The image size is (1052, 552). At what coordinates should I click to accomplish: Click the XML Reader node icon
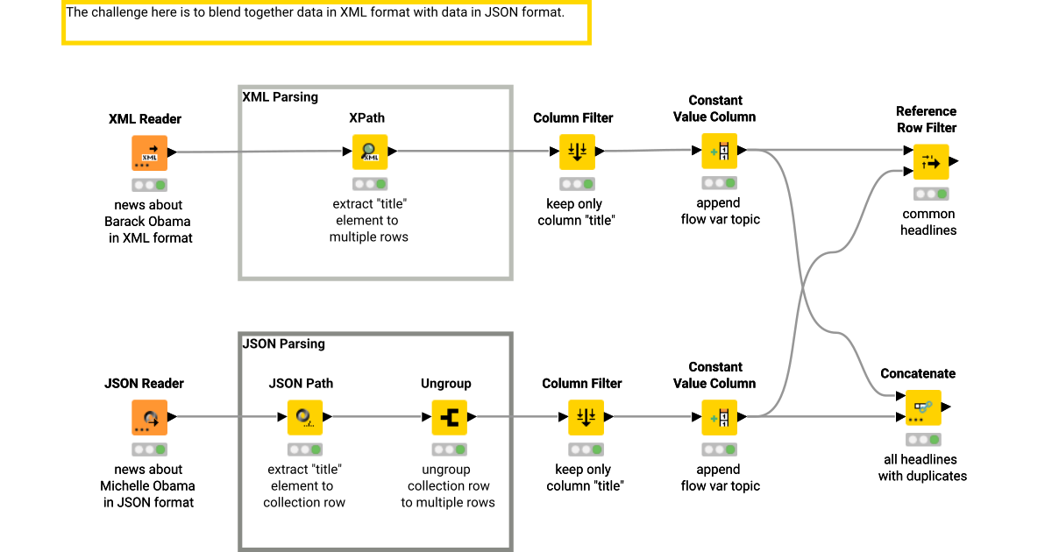149,152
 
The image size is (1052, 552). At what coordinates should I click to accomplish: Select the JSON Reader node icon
149,417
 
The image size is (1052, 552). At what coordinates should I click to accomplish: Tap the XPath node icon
369,152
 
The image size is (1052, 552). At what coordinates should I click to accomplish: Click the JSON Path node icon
304,417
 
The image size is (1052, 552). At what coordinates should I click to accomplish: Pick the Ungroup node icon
449,417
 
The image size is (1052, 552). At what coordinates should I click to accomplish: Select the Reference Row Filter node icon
930,161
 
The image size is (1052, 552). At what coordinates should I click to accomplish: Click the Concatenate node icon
922,407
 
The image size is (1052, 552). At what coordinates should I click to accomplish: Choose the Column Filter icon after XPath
577,152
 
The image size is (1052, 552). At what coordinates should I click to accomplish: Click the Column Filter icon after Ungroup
586,417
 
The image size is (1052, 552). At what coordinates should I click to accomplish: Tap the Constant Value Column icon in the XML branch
719,151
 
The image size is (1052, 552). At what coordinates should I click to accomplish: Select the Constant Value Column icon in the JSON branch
719,417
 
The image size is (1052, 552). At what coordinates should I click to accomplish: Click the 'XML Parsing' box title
280,97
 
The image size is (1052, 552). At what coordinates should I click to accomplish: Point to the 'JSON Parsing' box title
283,344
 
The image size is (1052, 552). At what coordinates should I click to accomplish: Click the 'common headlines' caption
928,222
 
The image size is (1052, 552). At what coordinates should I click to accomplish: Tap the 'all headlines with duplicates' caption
922,468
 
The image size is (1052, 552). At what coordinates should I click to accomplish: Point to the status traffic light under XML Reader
149,185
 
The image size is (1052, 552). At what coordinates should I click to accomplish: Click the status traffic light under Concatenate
922,440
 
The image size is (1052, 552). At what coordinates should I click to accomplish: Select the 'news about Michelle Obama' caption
148,485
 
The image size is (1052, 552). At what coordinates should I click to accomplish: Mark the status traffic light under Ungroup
449,449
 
